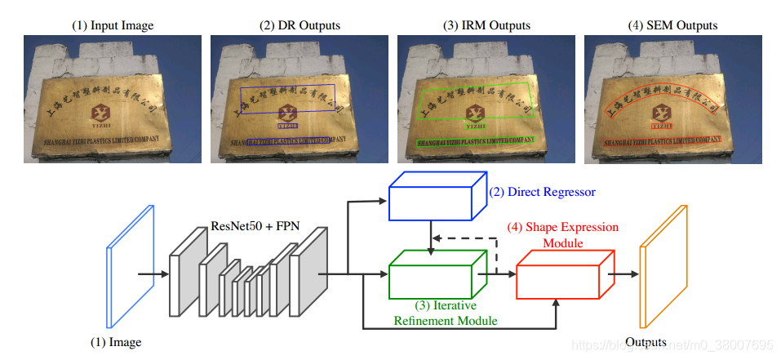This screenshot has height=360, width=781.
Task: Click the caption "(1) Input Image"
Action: (112, 25)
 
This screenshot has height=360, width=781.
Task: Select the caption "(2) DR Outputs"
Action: (300, 25)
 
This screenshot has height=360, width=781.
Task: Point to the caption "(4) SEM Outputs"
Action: (673, 25)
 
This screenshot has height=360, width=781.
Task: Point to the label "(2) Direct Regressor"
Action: (542, 193)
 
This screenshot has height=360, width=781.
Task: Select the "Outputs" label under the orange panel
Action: (646, 342)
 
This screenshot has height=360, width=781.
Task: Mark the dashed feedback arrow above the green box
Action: (466, 239)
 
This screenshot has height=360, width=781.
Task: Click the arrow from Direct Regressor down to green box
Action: (430, 235)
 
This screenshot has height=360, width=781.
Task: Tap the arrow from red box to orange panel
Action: (624, 274)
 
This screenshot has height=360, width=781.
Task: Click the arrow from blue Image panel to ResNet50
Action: (152, 274)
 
